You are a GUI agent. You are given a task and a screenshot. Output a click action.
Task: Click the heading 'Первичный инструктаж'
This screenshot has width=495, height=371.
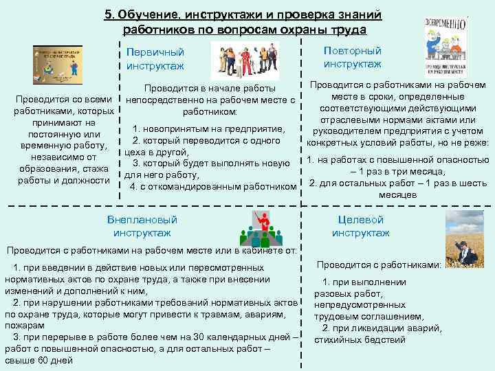[155, 58]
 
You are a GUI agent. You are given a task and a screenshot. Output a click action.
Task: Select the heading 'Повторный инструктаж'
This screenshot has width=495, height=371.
[353, 57]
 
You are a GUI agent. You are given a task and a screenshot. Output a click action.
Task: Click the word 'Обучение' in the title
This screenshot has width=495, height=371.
[148, 15]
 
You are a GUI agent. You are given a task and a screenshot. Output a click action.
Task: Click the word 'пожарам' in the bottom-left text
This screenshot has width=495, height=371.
[24, 324]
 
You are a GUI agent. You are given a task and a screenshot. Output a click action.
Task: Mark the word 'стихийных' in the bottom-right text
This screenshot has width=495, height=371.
[344, 339]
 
